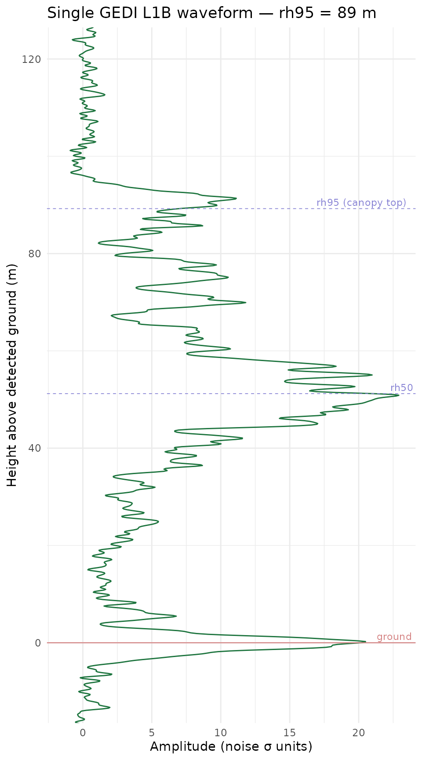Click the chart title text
pos(211,13)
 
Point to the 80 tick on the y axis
pos(34,254)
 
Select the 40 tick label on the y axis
pos(34,448)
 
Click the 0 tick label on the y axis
pos(38,643)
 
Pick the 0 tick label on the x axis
pos(83,733)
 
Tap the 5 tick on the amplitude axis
pos(152,733)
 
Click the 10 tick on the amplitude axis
pos(221,733)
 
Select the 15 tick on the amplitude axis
pos(290,733)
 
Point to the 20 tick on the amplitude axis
pos(359,733)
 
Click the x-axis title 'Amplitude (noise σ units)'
pos(231,747)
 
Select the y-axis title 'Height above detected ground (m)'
pos(12,375)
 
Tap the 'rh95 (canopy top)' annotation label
pos(361,203)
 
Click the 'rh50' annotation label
pos(402,387)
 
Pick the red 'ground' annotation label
pos(394,637)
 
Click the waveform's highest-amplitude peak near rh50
pos(399,395)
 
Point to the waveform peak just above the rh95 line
pos(236,198)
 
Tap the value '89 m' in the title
pos(357,13)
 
